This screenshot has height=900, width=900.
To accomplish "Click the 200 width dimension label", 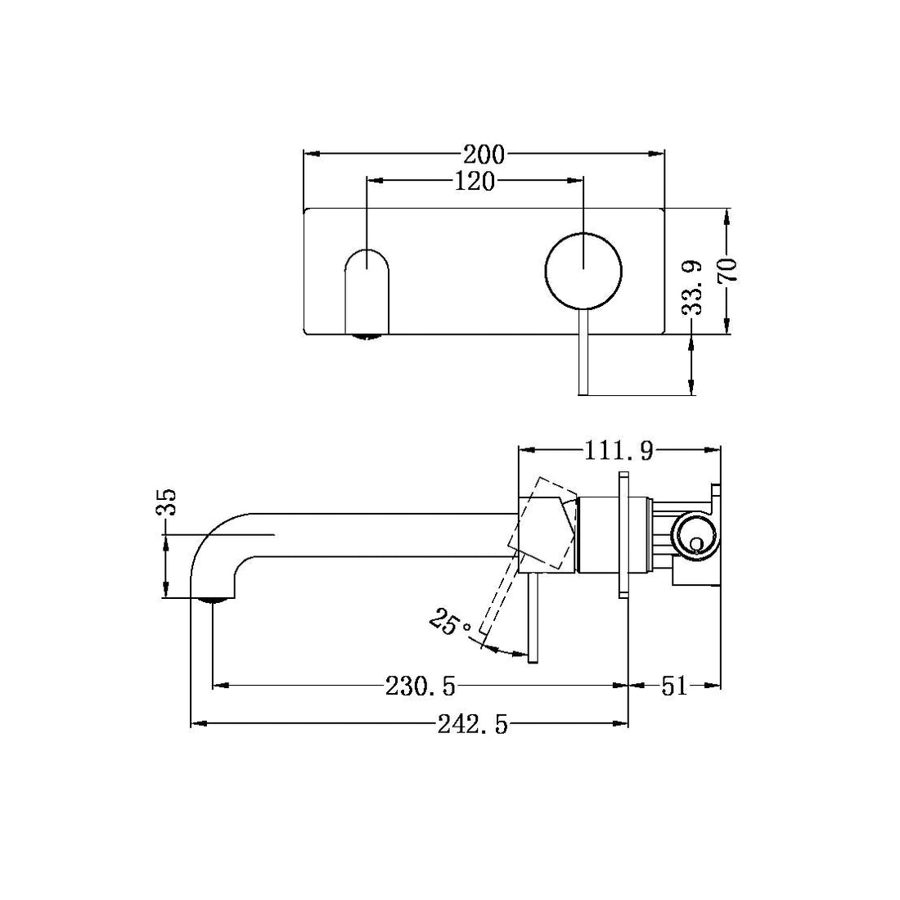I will click(484, 154).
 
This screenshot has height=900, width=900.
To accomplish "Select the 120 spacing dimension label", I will click(475, 181).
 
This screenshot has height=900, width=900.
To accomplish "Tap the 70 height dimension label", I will click(727, 270).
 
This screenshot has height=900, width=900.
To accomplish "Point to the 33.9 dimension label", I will click(693, 287).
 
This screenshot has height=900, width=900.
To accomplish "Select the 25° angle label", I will click(449, 624).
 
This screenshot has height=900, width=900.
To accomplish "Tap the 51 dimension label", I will click(673, 686).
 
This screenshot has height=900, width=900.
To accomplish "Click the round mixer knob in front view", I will click(583, 269).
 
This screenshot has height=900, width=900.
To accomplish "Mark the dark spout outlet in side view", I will click(214, 601).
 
